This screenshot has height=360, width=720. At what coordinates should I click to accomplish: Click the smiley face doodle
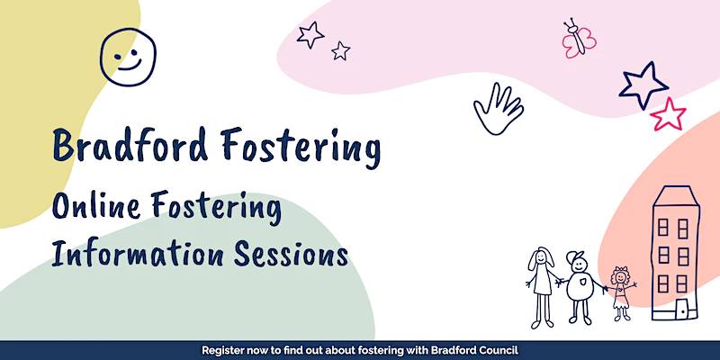pyautogui.click(x=128, y=57)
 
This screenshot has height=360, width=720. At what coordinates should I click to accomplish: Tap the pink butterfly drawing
pyautogui.click(x=579, y=39)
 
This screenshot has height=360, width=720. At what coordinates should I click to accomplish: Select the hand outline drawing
pyautogui.click(x=499, y=109)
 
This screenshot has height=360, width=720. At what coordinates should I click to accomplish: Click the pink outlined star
pyautogui.click(x=668, y=114)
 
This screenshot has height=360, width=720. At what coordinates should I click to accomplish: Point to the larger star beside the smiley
pyautogui.click(x=310, y=35)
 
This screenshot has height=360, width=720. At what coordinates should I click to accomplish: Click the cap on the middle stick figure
pyautogui.click(x=575, y=257)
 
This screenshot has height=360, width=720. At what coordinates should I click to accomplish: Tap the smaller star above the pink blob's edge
pyautogui.click(x=341, y=50)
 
